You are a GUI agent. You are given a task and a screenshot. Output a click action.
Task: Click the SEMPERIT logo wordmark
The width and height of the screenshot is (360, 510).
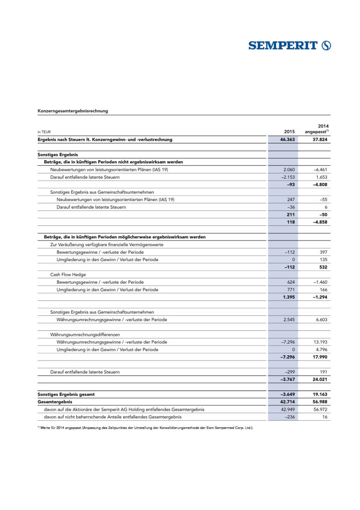(x=283, y=46)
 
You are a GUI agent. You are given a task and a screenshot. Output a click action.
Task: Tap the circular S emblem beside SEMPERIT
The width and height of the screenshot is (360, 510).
(x=326, y=46)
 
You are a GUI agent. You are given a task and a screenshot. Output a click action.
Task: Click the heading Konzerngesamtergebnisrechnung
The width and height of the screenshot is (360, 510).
(x=73, y=111)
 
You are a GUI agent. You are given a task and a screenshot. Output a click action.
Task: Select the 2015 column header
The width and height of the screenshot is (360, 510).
(x=289, y=132)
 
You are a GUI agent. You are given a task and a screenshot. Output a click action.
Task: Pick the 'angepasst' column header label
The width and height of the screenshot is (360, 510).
(x=316, y=132)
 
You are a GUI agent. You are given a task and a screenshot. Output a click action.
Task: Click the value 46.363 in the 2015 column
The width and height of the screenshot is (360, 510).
(x=287, y=140)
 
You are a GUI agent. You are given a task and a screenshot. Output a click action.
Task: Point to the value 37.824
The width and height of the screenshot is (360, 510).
(x=320, y=140)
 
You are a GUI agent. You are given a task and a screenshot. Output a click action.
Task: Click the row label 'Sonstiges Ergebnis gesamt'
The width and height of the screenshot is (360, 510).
(x=66, y=394)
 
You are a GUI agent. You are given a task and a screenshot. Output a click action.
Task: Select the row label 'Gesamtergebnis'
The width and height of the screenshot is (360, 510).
(x=55, y=402)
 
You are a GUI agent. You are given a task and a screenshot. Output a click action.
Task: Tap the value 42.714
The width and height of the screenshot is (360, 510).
(x=287, y=402)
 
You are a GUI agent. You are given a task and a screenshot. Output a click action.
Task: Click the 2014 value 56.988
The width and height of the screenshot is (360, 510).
(x=320, y=402)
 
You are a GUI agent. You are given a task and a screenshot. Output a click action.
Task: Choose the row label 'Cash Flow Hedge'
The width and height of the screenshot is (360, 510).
(x=68, y=275)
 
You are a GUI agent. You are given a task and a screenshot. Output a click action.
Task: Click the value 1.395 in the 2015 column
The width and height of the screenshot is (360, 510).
(x=289, y=297)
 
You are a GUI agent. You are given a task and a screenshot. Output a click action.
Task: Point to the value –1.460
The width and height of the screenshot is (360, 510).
(x=320, y=282)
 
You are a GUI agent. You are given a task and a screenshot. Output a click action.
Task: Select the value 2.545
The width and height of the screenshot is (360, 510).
(x=289, y=320)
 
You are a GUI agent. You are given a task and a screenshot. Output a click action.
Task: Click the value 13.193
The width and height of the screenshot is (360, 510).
(x=320, y=342)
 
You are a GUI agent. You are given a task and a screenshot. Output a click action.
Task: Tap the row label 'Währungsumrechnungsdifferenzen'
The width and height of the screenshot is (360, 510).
(x=85, y=334)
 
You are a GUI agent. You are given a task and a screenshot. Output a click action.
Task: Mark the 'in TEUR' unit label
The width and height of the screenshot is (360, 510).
(x=44, y=132)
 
